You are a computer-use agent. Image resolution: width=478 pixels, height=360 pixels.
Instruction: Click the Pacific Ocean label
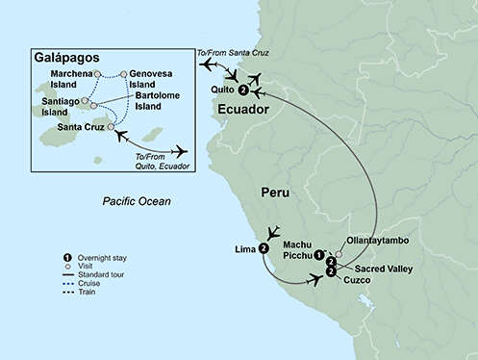coord(138,201)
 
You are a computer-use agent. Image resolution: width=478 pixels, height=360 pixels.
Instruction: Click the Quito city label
coord(222,91)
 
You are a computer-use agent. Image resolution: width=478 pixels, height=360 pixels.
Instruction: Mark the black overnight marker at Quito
coord(243,90)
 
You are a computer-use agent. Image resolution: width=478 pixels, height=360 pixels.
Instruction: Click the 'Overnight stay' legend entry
coord(101,258)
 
